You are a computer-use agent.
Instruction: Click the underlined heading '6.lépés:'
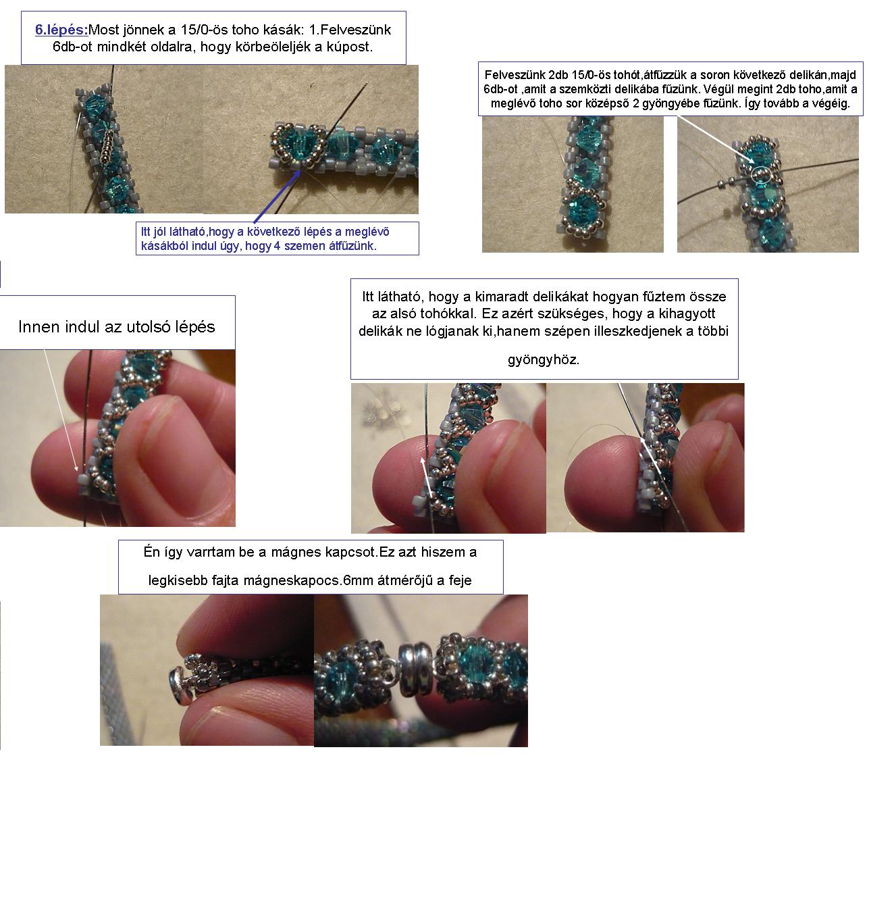coord(61,30)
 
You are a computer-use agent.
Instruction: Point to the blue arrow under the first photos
coord(278,196)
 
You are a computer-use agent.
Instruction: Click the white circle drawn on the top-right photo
coord(761,175)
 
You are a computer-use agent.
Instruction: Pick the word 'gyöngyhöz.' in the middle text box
coord(544,359)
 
